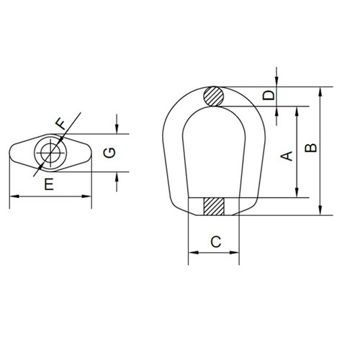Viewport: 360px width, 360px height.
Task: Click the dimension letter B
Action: [x=310, y=148]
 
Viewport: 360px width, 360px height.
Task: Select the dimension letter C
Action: [x=214, y=242]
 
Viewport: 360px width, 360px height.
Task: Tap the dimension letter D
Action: [x=269, y=96]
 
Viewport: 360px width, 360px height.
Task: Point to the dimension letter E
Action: [x=49, y=184]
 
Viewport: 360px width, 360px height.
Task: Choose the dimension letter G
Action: [x=108, y=153]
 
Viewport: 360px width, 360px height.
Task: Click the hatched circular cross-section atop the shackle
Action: [x=214, y=96]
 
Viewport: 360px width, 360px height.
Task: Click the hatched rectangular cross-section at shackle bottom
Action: [x=214, y=207]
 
